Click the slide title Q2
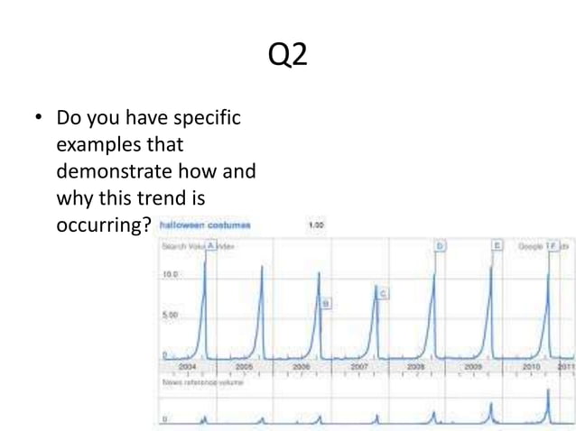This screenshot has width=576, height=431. pos(288,56)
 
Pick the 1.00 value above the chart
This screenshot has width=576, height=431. pos(316,225)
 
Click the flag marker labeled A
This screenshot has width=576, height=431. pos(210,245)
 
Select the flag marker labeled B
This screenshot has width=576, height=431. pos(326,303)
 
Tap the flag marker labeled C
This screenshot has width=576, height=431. pos(383,294)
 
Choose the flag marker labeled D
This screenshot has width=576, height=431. pos(440,245)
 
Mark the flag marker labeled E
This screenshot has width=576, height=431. pos(497,245)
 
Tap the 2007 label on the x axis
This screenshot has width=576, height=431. pos(358,367)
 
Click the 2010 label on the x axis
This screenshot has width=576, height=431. pos(531,367)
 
